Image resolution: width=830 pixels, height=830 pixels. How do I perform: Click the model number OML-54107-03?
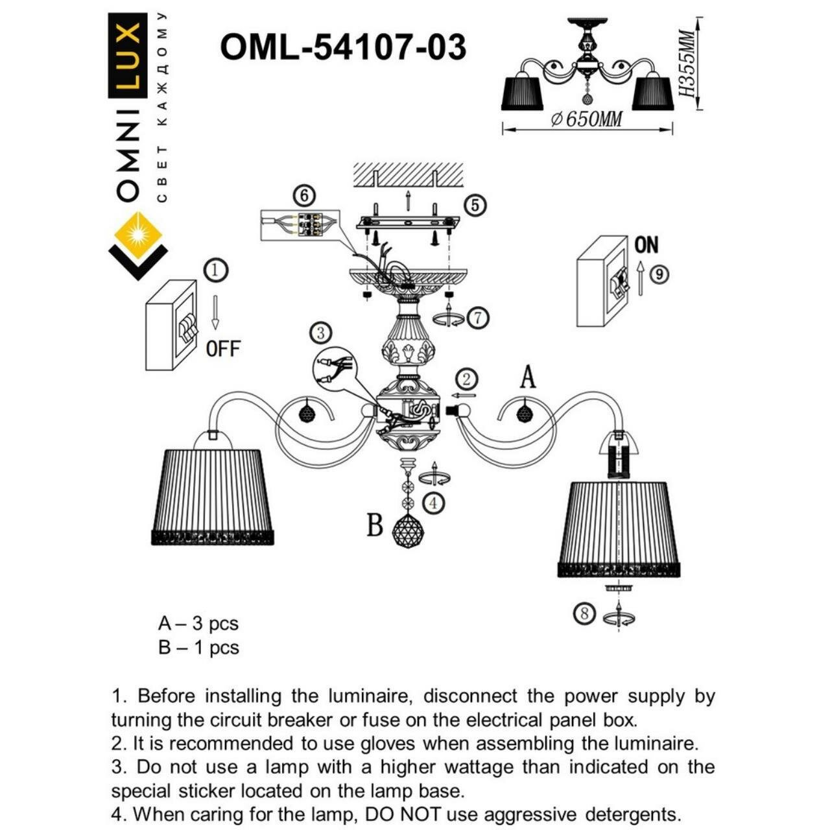343,47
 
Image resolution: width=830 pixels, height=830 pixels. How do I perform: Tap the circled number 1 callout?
217,270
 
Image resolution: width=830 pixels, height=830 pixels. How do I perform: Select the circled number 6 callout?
303,195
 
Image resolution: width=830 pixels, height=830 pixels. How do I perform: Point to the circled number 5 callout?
475,205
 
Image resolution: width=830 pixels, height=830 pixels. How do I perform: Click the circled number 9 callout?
659,274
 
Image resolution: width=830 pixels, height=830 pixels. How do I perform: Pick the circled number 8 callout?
585,613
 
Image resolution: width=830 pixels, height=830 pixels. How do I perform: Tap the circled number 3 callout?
320,333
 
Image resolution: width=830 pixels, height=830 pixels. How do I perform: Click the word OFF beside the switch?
223,349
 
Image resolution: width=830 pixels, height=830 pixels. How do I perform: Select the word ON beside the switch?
646,245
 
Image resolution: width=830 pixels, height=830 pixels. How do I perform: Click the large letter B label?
375,525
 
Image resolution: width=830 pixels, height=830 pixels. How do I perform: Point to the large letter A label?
528,377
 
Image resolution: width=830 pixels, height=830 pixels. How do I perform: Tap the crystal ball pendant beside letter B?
409,532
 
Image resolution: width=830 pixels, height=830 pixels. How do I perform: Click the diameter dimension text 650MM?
586,119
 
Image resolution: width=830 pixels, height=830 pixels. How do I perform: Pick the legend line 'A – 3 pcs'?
198,624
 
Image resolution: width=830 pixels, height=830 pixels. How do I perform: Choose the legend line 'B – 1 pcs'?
198,648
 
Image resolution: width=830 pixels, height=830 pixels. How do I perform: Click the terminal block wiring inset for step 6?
300,225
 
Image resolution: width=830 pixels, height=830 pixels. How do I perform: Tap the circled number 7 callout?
478,318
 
